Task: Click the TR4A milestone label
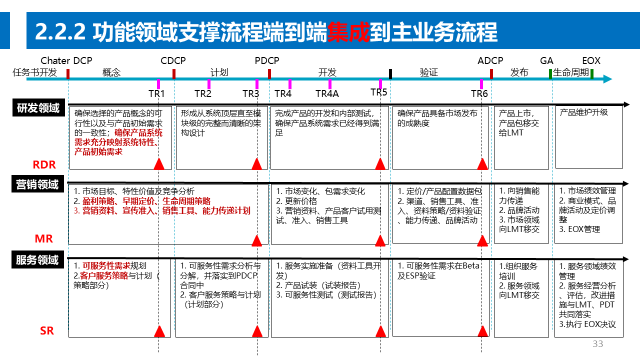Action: [327, 93]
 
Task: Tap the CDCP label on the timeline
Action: [173, 61]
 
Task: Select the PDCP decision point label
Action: [267, 61]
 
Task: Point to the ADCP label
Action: [490, 61]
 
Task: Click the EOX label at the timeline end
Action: [591, 61]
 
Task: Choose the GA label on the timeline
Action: [546, 61]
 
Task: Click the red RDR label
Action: [44, 164]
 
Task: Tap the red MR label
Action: [43, 238]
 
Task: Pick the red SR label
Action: [46, 330]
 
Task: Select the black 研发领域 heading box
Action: [38, 108]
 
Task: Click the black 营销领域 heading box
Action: [37, 184]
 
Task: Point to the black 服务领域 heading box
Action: [37, 260]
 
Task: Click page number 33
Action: [597, 344]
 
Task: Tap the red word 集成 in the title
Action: [348, 32]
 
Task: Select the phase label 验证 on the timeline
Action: [428, 72]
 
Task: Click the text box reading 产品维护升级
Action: [584, 112]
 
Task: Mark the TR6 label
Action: [479, 93]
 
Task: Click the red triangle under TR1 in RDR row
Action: [159, 164]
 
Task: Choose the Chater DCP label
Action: [66, 61]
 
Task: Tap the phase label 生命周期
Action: [571, 72]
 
